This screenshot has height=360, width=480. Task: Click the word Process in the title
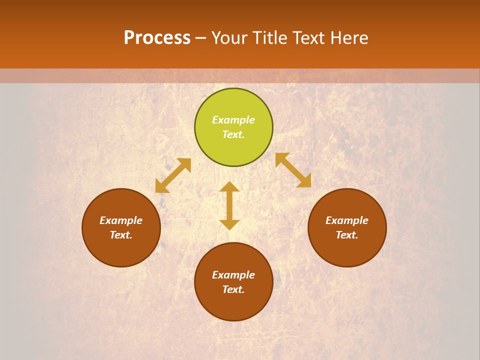(x=157, y=38)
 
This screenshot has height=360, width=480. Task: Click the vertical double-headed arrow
(x=229, y=205)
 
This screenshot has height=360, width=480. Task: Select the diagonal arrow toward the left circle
(x=173, y=175)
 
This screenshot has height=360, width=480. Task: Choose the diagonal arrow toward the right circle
(x=293, y=170)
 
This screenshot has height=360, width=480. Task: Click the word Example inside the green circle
(x=233, y=120)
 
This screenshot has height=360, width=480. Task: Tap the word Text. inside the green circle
(x=233, y=134)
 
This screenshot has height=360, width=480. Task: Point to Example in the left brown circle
(x=121, y=220)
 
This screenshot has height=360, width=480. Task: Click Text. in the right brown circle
(x=347, y=235)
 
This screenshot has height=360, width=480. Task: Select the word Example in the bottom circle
(x=233, y=275)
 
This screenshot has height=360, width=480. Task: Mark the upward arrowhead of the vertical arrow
(x=229, y=186)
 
